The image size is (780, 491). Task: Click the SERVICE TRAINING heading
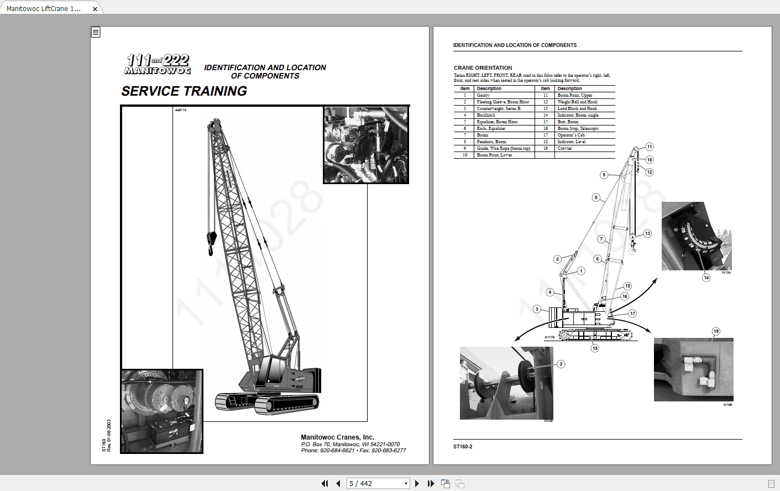point(184,91)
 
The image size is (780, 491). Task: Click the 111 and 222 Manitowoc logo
point(158,64)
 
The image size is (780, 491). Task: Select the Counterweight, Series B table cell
point(498,108)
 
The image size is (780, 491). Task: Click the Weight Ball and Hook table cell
point(577,102)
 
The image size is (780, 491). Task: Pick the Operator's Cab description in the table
point(570,135)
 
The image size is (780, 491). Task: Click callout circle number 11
point(650,147)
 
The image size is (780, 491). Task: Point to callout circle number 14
point(706,278)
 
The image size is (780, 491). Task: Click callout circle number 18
point(716,331)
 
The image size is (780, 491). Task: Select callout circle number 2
point(561,364)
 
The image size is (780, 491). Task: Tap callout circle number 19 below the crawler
point(595,348)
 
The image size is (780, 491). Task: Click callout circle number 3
point(537,309)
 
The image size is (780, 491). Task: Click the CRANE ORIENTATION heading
point(483,67)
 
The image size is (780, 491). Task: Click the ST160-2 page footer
point(463,447)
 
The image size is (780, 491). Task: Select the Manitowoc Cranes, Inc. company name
point(337,437)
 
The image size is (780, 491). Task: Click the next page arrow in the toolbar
point(417,484)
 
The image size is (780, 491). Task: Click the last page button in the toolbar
point(431,484)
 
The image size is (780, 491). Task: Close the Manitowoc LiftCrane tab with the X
point(95,9)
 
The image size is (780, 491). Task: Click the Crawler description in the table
point(564,148)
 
